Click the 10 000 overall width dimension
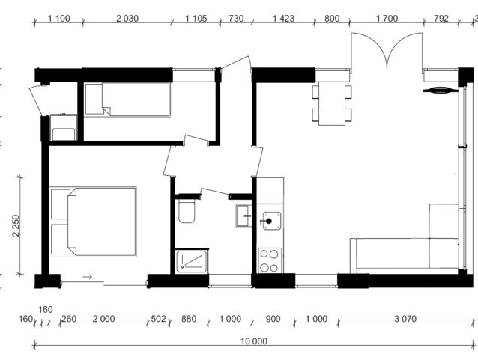pyautogui.click(x=254, y=341)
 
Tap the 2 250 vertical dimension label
pyautogui.click(x=16, y=226)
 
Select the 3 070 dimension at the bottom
pyautogui.click(x=405, y=319)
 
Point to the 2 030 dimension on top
pyautogui.click(x=127, y=19)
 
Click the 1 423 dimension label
pyautogui.click(x=283, y=19)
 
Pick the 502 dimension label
pyautogui.click(x=159, y=319)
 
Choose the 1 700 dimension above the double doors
pyautogui.click(x=387, y=19)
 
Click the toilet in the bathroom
pyautogui.click(x=187, y=211)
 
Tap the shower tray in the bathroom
pyautogui.click(x=191, y=261)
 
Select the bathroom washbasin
pyautogui.click(x=243, y=216)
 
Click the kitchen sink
pyautogui.click(x=271, y=221)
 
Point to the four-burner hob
pyautogui.click(x=270, y=260)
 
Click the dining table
pyautogui.click(x=332, y=103)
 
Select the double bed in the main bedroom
pyautogui.click(x=93, y=222)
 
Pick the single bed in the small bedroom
pyautogui.click(x=127, y=100)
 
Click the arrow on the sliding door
pyautogui.click(x=88, y=277)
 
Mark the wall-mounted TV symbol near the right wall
pyautogui.click(x=441, y=90)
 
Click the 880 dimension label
pyautogui.click(x=189, y=319)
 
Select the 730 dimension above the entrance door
pyautogui.click(x=236, y=19)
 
